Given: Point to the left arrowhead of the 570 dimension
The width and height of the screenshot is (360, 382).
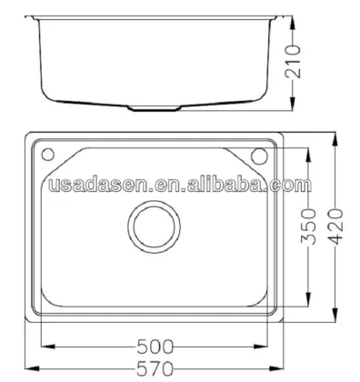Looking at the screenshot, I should click(x=24, y=368).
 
